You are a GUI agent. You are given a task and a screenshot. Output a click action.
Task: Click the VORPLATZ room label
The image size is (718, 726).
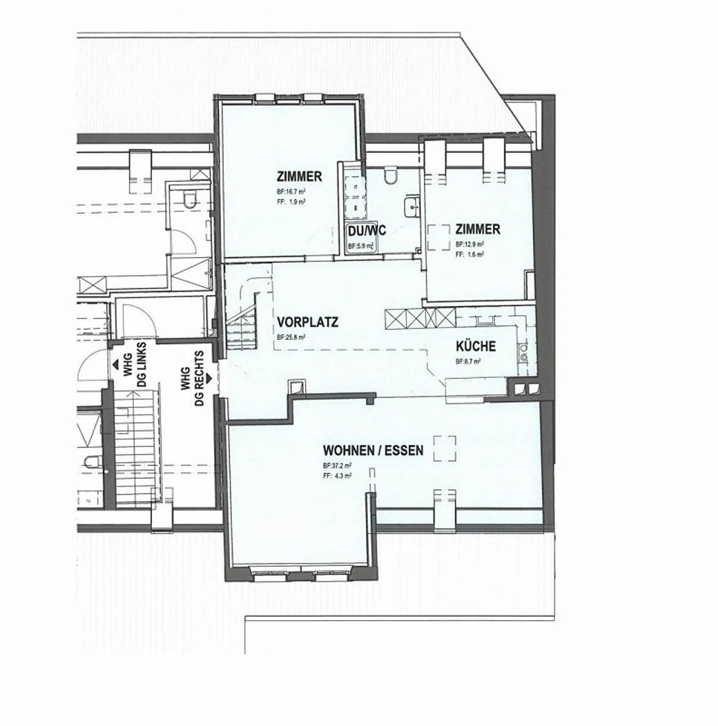point(307,322)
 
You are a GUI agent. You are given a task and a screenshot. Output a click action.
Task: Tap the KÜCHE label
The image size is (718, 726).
point(475,346)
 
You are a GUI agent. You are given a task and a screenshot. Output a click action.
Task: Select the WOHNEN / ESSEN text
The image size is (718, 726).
point(373,451)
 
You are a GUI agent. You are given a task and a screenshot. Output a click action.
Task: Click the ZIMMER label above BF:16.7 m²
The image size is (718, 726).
point(299,177)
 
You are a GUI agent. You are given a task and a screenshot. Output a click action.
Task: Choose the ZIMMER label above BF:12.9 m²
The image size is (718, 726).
point(478,229)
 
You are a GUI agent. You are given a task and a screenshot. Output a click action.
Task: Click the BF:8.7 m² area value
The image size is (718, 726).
point(468,362)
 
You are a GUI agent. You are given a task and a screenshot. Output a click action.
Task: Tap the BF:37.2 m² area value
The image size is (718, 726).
point(338,466)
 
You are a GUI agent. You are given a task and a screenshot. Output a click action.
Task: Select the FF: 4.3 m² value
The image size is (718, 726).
point(337,476)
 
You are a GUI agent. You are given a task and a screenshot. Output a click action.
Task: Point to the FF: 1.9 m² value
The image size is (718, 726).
point(291,202)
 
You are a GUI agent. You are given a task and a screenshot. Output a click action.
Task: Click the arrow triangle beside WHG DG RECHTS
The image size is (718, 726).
point(208,378)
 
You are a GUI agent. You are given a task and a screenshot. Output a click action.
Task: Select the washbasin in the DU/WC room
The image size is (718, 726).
point(412,205)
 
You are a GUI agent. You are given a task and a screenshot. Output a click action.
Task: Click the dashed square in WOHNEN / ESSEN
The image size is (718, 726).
point(444,448)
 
